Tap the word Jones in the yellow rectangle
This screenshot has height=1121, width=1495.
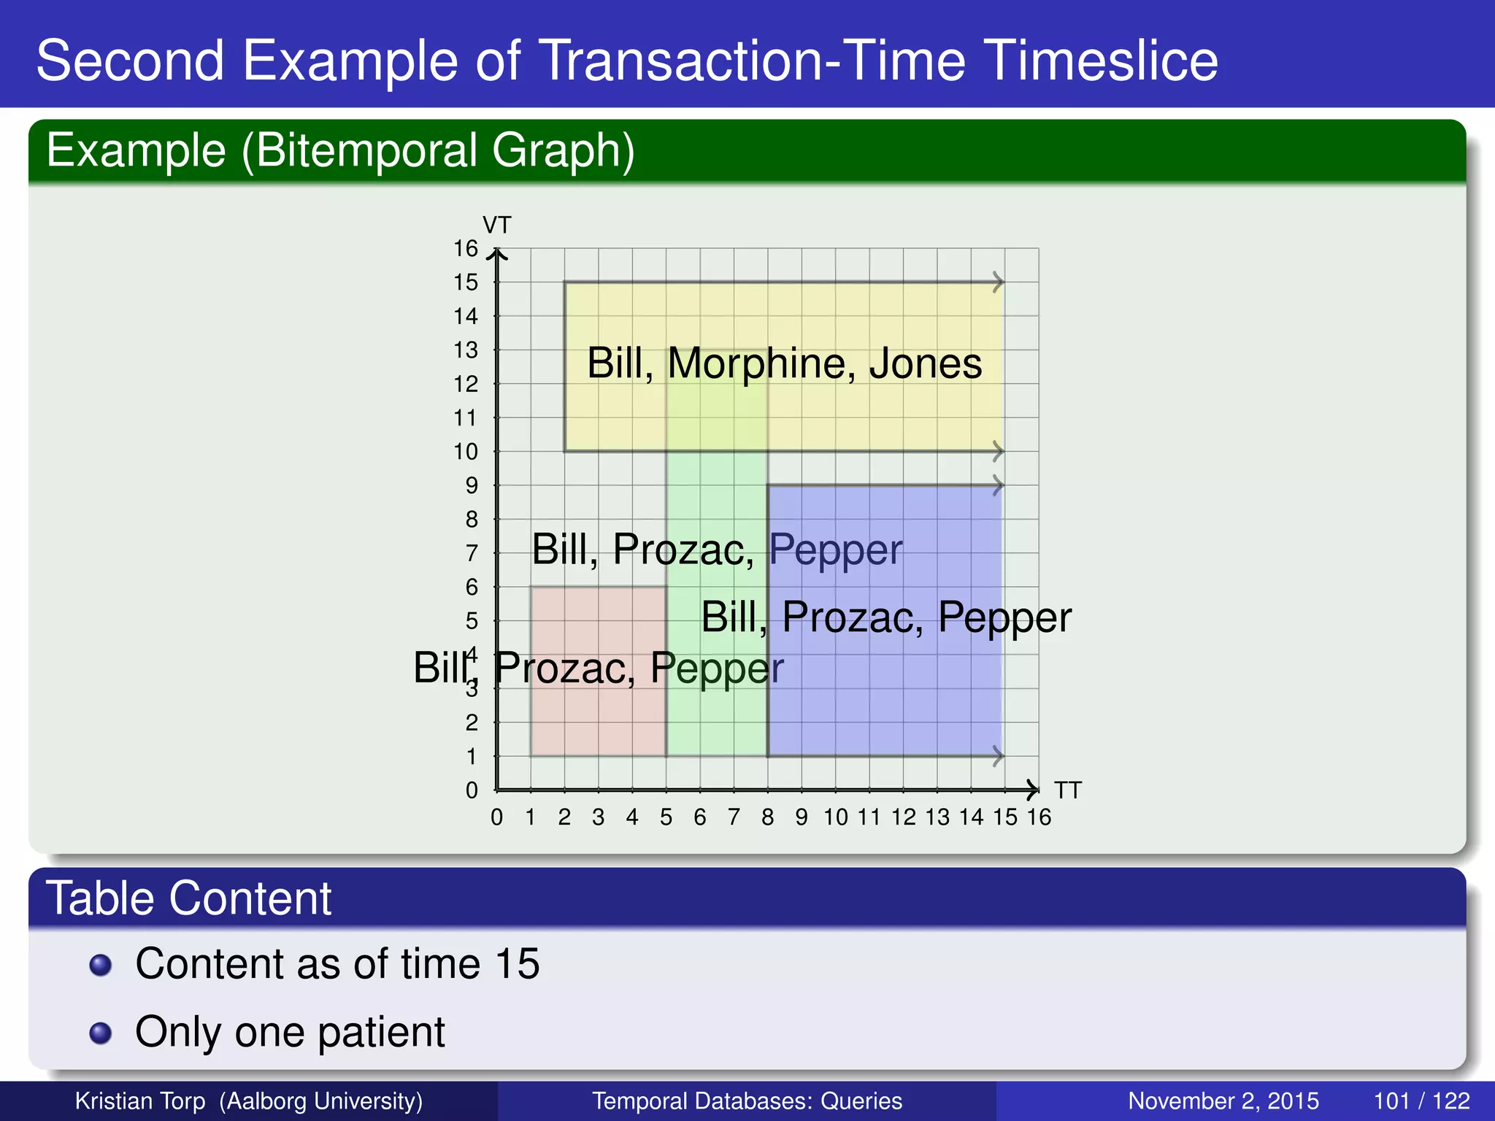click(x=926, y=363)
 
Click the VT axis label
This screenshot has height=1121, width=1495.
click(x=497, y=225)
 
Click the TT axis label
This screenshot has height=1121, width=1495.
click(x=1068, y=790)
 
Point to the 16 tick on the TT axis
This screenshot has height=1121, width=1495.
click(x=1039, y=817)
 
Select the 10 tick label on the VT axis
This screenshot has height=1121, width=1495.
click(x=466, y=452)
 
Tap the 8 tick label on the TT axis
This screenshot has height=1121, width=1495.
click(x=767, y=817)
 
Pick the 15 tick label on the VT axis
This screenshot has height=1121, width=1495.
click(x=466, y=282)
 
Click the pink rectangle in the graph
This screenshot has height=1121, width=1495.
click(x=598, y=701)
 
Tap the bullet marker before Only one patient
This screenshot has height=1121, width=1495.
click(x=101, y=1033)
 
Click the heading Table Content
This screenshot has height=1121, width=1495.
click(x=188, y=898)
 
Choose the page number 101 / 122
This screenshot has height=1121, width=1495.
click(x=1421, y=1101)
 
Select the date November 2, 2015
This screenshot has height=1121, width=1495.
click(x=1223, y=1101)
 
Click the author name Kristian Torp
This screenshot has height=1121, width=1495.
click(x=140, y=1101)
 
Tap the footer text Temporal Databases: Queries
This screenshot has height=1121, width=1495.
click(x=747, y=1101)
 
